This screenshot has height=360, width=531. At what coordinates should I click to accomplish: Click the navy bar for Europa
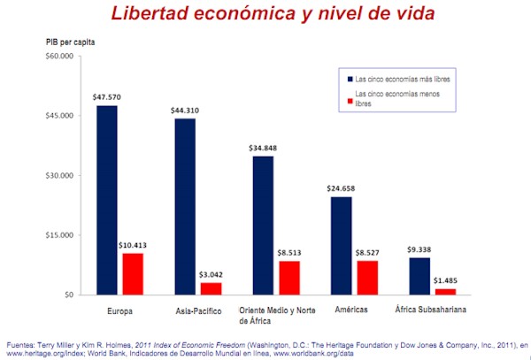coord(106,200)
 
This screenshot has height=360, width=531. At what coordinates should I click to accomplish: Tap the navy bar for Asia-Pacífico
coord(184,206)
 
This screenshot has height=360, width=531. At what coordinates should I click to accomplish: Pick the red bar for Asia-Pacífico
coord(212,288)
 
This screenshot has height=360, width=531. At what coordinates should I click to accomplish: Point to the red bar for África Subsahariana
coord(446,291)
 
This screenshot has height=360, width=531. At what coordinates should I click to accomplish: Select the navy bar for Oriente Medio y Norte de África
coord(263,225)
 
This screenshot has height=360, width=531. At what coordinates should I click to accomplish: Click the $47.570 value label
coord(106,96)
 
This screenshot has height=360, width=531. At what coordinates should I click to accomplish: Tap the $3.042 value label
coord(212,274)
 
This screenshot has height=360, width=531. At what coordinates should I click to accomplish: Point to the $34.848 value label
coord(263,147)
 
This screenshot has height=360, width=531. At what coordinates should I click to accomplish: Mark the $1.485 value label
coord(446,280)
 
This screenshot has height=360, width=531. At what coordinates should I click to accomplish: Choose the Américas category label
coord(355,310)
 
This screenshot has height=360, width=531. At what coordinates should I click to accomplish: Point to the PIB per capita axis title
coord(71,41)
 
